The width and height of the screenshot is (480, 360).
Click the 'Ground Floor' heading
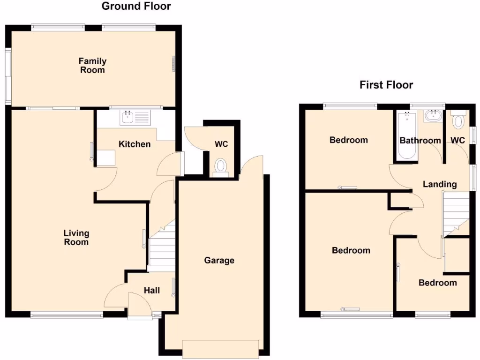click(x=136, y=6)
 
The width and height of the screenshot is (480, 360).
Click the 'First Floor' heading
click(x=386, y=85)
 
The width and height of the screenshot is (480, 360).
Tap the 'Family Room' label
click(x=92, y=66)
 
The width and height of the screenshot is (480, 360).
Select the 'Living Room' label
click(x=76, y=238)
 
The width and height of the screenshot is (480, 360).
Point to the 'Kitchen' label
click(x=135, y=144)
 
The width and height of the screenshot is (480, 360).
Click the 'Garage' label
click(x=219, y=260)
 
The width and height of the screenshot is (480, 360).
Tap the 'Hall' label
click(x=151, y=291)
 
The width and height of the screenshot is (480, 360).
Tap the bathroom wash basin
click(x=432, y=116)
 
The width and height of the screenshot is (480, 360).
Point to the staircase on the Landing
click(x=456, y=213)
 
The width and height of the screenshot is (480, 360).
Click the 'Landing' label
click(x=440, y=184)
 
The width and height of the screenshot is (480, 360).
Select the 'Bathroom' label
click(x=420, y=141)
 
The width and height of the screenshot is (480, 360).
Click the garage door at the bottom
click(x=220, y=348)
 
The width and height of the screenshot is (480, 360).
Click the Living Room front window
click(x=67, y=315)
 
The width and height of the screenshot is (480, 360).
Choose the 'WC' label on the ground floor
click(x=221, y=144)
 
